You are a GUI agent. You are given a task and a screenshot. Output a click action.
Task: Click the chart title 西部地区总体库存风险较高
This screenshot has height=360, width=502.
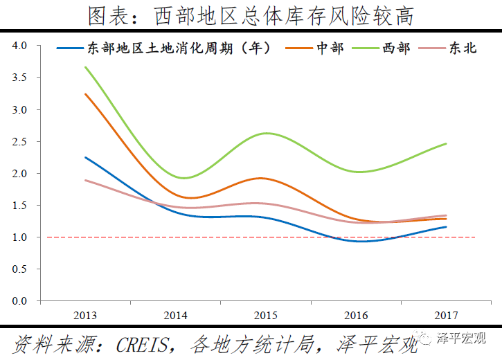(251, 15)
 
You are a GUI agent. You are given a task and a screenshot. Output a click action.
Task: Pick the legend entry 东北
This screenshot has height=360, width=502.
(463, 48)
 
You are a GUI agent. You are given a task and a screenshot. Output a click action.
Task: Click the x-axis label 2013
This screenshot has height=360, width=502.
(85, 316)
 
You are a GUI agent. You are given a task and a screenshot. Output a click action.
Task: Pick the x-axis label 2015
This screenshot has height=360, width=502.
(266, 316)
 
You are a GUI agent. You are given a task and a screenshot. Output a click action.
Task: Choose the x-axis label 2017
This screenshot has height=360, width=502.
(447, 316)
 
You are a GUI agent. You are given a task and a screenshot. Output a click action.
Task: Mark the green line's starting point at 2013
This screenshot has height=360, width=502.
(85, 67)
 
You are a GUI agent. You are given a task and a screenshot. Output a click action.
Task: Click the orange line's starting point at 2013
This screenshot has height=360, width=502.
(85, 94)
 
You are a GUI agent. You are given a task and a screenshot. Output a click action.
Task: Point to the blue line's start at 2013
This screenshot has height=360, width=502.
(85, 157)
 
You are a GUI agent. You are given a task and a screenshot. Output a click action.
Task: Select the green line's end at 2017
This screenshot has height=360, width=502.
(446, 143)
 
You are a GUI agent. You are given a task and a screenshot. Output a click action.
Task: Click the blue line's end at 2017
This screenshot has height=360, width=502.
(446, 226)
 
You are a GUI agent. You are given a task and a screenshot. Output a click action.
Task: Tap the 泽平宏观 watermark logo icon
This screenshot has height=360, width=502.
(422, 339)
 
